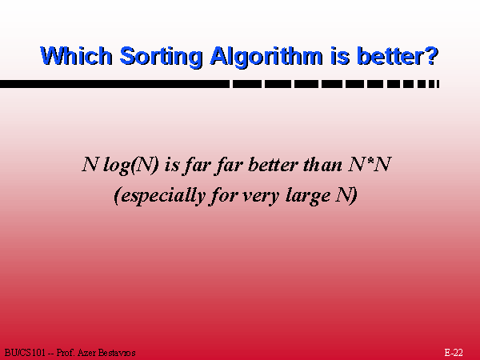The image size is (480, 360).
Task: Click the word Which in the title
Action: [76, 56]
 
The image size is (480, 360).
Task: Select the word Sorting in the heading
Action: [161, 58]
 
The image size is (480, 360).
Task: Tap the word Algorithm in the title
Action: [266, 58]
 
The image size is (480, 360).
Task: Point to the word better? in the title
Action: [398, 56]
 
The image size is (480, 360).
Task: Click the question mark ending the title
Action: [433, 56]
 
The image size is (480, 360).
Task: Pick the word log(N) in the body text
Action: [131, 166]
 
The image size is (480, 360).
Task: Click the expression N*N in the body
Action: [370, 164]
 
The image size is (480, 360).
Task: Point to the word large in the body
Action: [308, 196]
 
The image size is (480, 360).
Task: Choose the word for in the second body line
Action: [223, 196]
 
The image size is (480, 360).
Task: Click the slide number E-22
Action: [454, 353]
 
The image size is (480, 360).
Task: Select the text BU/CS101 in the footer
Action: [25, 353]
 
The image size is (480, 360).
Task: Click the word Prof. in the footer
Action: [66, 353]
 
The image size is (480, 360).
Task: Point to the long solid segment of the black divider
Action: [114, 84]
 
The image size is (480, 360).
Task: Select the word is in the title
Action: [340, 56]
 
